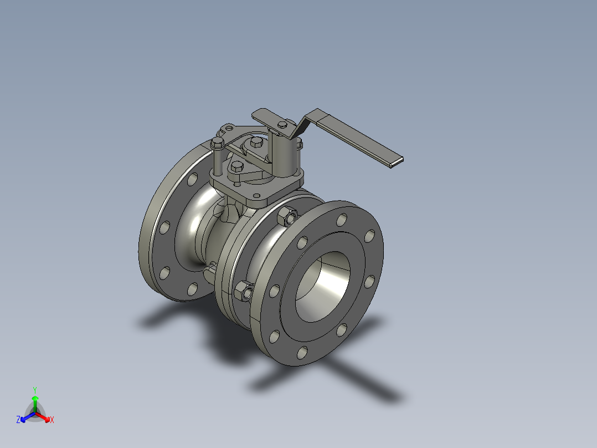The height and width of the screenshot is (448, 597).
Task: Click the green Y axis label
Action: point(34,389)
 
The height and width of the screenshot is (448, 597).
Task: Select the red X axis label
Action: point(52,420)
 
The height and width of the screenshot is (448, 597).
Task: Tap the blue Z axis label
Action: point(18,420)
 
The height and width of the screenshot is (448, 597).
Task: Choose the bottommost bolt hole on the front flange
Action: point(302,352)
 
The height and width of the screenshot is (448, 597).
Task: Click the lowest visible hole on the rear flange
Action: point(192,289)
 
